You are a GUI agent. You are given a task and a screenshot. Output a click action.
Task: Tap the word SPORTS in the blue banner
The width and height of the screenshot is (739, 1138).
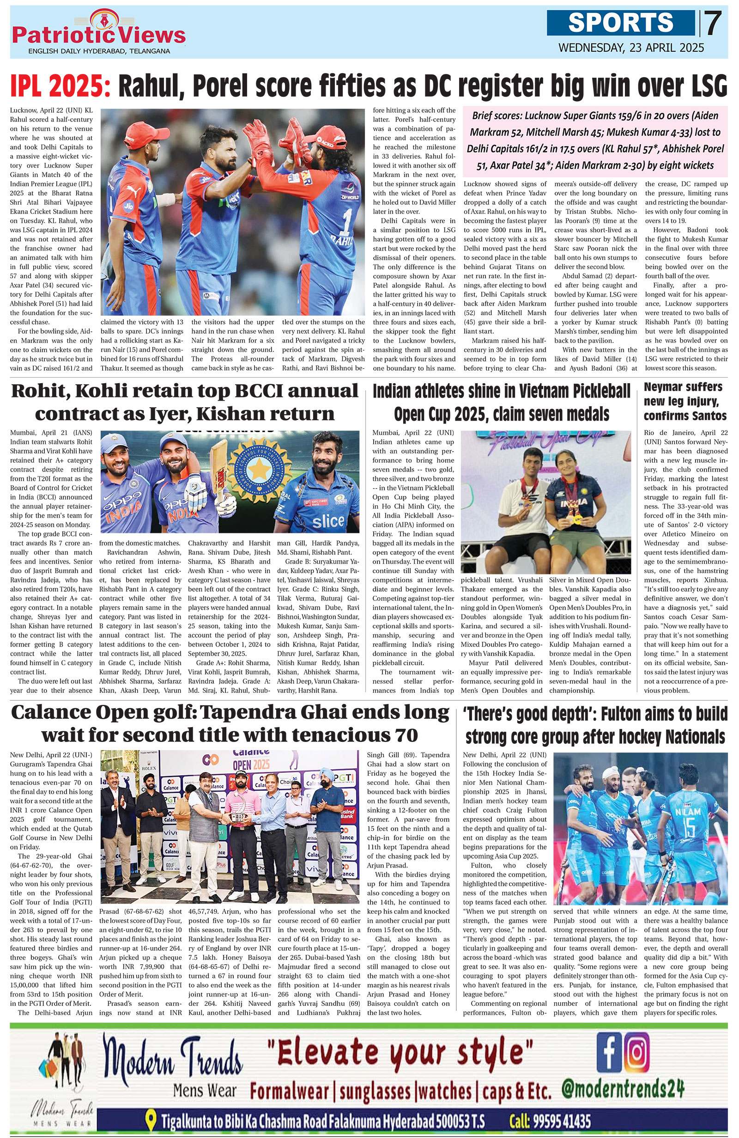621,23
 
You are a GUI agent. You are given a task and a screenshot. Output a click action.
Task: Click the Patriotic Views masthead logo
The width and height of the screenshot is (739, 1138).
99,32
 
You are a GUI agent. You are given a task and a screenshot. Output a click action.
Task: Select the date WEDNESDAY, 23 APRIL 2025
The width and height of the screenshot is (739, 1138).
631,48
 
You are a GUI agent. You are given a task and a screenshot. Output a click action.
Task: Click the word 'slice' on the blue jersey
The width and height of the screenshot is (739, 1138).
328,521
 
